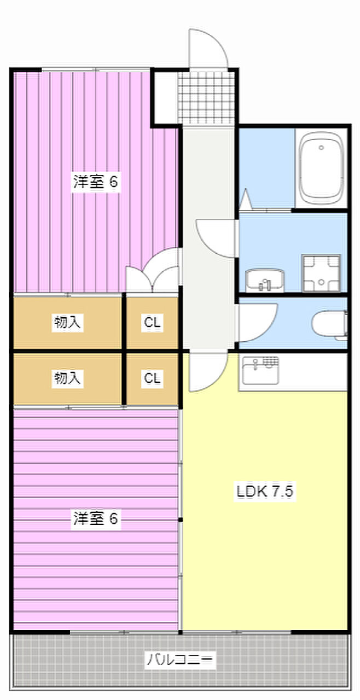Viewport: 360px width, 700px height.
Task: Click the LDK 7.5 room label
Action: click(265, 491)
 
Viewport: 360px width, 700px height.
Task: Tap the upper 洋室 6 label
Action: click(96, 182)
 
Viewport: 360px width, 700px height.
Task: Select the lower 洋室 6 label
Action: click(96, 518)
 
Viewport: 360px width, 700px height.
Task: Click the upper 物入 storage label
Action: click(67, 323)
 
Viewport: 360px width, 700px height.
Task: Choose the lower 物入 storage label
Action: click(67, 378)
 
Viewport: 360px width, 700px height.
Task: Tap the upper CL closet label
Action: click(152, 323)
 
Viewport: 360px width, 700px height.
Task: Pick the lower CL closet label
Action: click(152, 378)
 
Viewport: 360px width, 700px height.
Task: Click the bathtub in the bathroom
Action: click(321, 167)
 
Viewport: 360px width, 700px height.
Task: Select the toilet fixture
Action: click(332, 324)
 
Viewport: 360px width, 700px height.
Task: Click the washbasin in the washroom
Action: click(265, 280)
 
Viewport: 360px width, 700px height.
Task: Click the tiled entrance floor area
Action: click(207, 97)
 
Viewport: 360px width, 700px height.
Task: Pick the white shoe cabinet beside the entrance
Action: click(165, 97)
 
